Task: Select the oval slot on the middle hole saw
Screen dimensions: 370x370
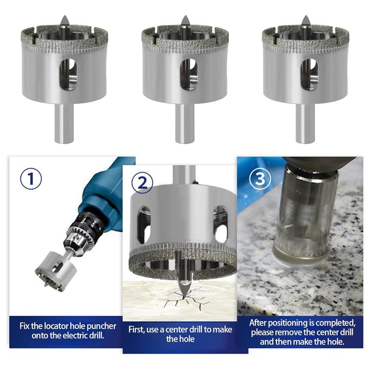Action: [189, 74]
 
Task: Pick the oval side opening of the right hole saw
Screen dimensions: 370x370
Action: [309, 74]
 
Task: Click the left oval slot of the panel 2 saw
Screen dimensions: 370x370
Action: [143, 224]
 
